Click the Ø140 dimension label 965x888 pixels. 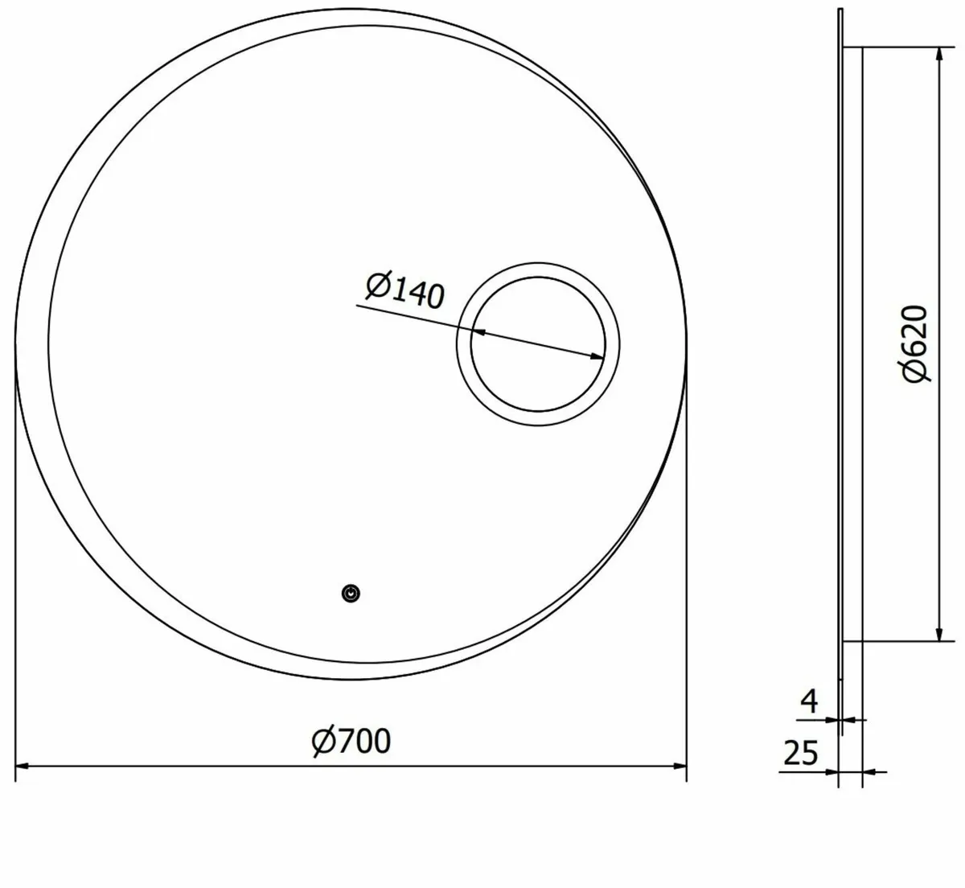404,290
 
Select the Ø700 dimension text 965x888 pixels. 351,740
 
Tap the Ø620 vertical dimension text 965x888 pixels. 914,343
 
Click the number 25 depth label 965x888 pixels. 799,754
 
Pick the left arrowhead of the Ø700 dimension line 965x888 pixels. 23,767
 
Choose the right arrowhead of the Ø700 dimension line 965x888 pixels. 680,767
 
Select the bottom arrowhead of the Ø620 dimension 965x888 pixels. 938,635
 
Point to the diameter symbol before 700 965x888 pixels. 323,741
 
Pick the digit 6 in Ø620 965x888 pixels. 914,349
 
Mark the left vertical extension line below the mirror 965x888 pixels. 16,563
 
